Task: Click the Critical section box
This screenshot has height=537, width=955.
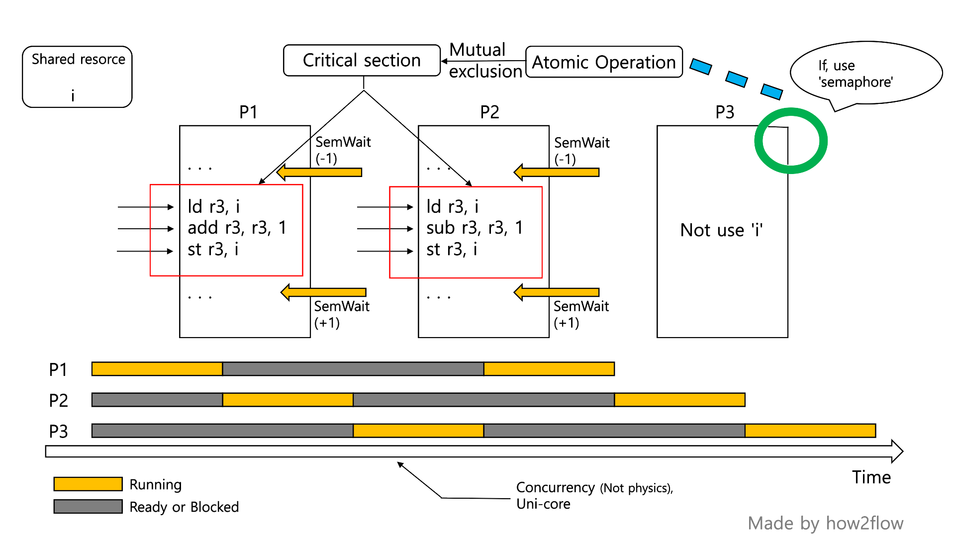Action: pos(362,60)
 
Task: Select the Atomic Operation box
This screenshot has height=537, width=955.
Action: pos(604,62)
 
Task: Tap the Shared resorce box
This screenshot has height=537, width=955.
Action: pos(77,77)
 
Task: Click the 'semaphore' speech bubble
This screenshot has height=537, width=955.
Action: pos(865,73)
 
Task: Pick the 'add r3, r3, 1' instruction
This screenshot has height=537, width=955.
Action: pos(237,228)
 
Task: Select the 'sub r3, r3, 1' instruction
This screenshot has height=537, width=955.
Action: pos(475,228)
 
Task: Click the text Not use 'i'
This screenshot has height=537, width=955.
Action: pos(722,230)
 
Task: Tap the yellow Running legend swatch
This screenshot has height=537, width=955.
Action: pos(88,484)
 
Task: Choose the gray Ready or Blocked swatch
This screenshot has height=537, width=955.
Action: pos(88,507)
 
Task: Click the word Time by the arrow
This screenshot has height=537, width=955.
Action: pos(871,477)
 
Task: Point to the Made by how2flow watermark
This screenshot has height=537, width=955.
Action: pos(825,523)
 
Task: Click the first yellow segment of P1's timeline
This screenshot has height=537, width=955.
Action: pos(157,369)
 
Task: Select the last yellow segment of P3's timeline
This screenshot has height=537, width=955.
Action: pos(810,431)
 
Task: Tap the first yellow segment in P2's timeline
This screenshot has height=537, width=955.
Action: pos(287,400)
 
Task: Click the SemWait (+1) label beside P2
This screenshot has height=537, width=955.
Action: pos(581,314)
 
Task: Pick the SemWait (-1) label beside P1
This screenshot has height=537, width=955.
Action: pos(343,150)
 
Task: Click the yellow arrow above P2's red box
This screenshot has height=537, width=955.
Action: pos(557,173)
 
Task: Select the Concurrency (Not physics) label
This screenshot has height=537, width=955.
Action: pos(594,488)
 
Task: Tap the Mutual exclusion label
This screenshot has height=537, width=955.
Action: pos(485,61)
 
